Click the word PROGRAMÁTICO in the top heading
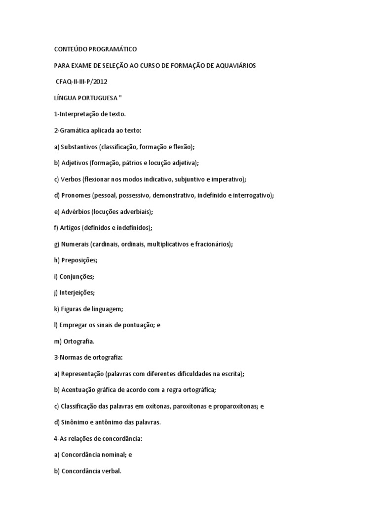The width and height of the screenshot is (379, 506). tap(112, 49)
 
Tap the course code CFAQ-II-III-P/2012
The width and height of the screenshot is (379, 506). tap(81, 82)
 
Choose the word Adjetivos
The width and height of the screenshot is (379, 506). tap(75, 163)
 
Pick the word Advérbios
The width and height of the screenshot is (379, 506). tap(76, 211)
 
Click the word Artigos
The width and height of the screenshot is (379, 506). tap(70, 228)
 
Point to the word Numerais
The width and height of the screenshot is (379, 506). tap(76, 244)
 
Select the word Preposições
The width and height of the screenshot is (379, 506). tap(79, 260)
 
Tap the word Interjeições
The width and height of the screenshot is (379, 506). tap(77, 293)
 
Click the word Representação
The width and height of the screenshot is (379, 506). tap(82, 374)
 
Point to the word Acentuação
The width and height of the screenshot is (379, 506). tap(79, 390)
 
